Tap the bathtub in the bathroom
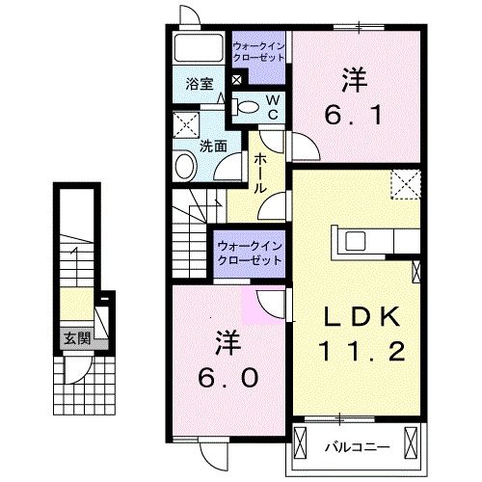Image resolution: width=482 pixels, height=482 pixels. pos(200,48)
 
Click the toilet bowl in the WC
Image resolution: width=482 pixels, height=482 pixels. pos(247,106)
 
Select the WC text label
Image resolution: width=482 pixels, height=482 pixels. pos(273,106)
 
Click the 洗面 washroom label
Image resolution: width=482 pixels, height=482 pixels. pos(212,147)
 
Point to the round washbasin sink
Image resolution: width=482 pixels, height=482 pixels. pos(185,167)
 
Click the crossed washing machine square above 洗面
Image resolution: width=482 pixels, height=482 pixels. pos(184,126)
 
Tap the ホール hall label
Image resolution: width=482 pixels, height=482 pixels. pos(259,175)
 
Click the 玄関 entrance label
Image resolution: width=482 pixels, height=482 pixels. pos(77,338)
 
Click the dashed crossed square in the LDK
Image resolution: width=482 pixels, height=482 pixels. pos(405,184)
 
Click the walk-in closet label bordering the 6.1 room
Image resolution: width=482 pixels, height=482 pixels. pos(258,50)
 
